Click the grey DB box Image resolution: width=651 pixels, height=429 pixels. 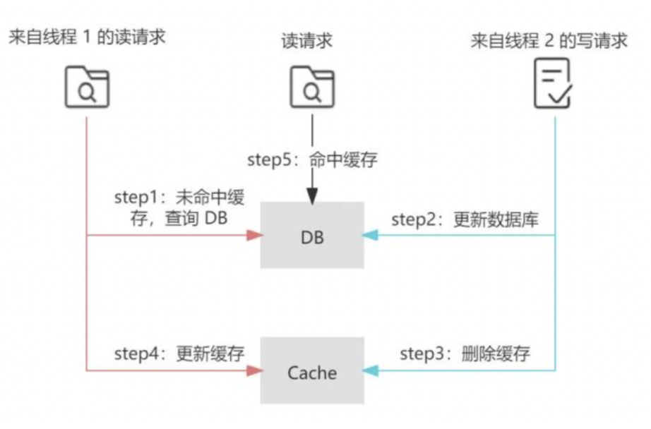pos(312,235)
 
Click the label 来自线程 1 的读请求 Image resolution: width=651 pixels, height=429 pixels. pos(87,37)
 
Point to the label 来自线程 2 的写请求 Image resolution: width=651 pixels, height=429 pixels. pos(549,40)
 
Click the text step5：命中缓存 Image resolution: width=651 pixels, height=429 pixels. pos(312,159)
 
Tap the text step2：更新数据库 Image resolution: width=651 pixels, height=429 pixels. pos(465,219)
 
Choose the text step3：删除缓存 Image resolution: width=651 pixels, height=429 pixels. pos(465,354)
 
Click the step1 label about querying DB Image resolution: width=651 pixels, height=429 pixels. pos(179,207)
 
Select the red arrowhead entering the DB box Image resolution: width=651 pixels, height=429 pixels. pos(253,236)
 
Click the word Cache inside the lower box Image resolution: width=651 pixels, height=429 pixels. pos(312,372)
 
